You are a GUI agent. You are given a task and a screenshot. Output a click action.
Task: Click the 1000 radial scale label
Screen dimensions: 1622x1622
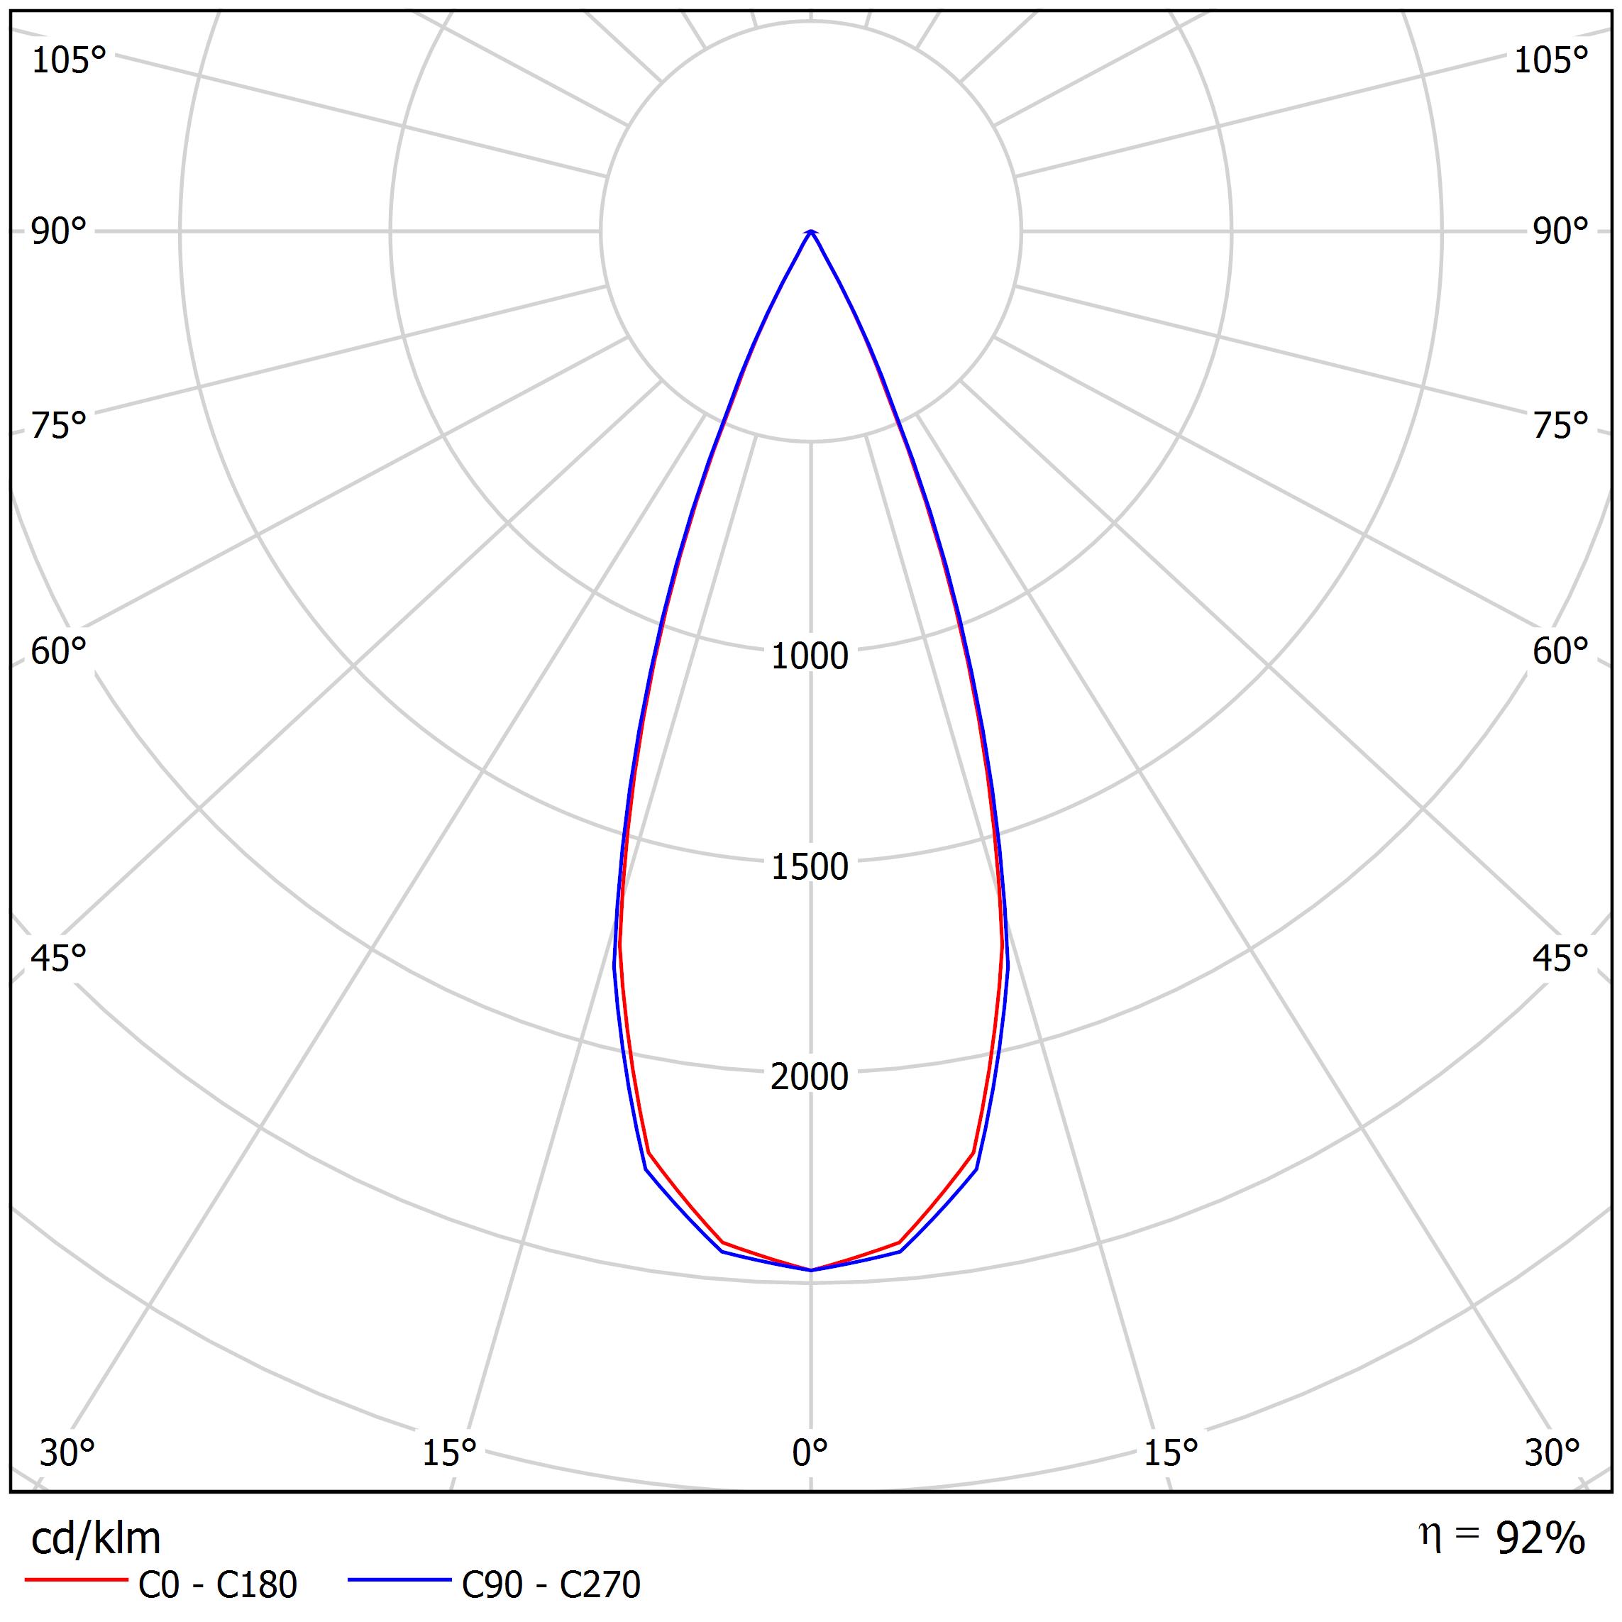click(810, 656)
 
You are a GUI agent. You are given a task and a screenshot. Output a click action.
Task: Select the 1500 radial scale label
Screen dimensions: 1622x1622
click(810, 866)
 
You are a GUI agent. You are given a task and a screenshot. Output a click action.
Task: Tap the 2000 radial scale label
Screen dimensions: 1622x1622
click(810, 1077)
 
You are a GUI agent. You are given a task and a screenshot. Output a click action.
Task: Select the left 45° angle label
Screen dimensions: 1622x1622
click(59, 958)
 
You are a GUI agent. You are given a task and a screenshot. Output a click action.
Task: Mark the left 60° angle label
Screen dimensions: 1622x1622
click(59, 651)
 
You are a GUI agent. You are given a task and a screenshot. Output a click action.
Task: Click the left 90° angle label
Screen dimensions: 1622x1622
click(59, 232)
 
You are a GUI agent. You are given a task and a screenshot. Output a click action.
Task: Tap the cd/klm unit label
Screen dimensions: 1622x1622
click(96, 1539)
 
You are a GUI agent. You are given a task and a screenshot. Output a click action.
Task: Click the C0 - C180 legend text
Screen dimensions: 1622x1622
click(217, 1585)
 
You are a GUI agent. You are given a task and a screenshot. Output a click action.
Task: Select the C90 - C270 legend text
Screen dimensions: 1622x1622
click(551, 1585)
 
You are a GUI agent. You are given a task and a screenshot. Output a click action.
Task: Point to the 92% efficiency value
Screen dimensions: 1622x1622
click(1540, 1538)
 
